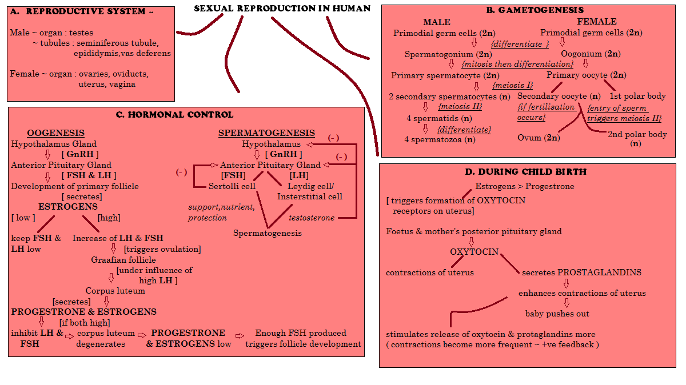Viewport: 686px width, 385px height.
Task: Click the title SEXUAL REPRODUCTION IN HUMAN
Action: (282, 9)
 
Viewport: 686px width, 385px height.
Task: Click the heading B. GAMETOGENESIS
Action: (535, 10)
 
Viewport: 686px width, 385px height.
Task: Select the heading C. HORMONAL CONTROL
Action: (174, 115)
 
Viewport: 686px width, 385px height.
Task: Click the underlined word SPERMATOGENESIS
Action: (266, 133)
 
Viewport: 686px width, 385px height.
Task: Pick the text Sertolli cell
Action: (232, 186)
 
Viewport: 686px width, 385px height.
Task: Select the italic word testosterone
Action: (312, 218)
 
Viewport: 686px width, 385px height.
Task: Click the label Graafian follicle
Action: (123, 259)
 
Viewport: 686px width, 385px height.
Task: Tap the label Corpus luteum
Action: (115, 290)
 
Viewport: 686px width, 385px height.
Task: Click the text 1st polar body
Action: (637, 96)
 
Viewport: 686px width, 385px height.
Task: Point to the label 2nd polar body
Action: (637, 134)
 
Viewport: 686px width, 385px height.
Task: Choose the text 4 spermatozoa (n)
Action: (440, 139)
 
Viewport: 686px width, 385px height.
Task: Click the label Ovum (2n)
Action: (539, 138)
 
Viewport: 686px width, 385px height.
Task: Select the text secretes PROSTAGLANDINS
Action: (581, 272)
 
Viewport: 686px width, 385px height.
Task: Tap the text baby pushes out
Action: (557, 313)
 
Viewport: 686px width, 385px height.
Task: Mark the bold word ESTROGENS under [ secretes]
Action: (68, 206)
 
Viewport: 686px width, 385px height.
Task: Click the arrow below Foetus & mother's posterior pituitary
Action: (472, 242)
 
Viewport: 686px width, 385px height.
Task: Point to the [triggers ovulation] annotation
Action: (162, 248)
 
